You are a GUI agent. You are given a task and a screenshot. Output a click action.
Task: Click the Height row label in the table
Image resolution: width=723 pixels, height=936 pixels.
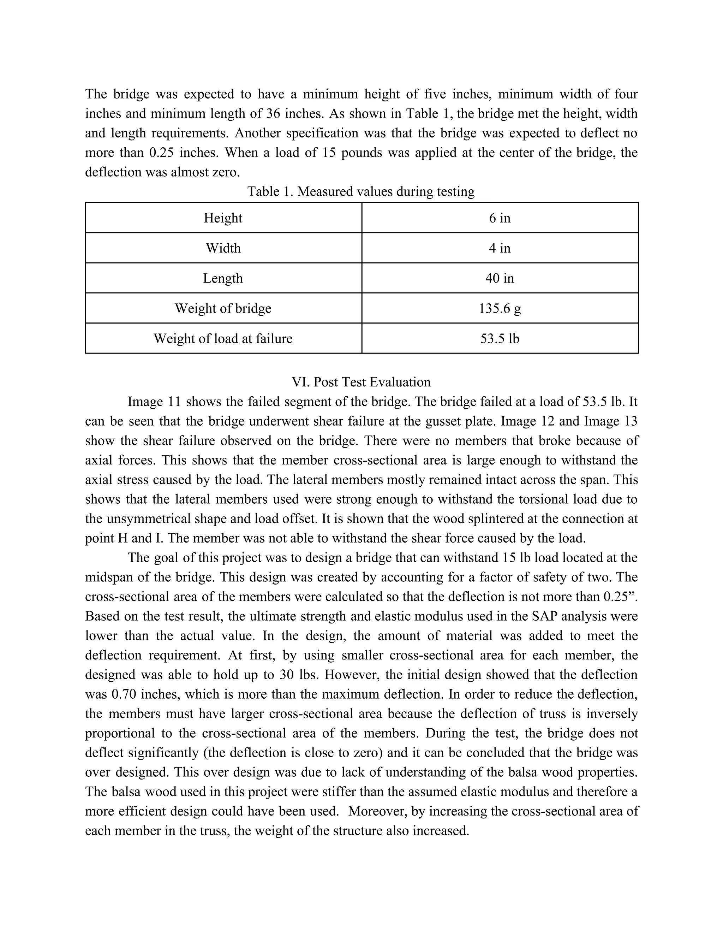click(x=223, y=218)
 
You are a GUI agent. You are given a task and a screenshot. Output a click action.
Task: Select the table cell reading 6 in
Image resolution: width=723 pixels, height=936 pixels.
click(x=500, y=218)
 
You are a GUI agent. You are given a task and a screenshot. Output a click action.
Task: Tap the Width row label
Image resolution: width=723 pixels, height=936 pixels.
click(x=223, y=248)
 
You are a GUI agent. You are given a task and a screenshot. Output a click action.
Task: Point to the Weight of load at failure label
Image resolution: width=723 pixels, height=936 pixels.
click(x=223, y=339)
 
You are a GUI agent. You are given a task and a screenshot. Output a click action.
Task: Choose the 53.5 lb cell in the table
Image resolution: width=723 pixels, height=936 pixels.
click(x=500, y=339)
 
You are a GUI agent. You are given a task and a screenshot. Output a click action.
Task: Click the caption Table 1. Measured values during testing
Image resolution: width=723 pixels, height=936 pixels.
click(x=361, y=191)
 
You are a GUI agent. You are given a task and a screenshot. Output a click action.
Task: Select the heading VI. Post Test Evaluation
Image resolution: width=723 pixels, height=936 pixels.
click(x=361, y=382)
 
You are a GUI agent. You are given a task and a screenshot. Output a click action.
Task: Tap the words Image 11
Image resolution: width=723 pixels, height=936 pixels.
click(x=154, y=402)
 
